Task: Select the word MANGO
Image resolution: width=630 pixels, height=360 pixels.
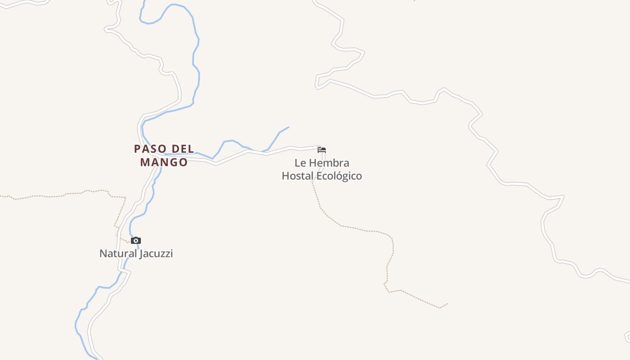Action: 164,162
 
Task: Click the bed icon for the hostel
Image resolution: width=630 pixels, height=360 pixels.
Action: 322,150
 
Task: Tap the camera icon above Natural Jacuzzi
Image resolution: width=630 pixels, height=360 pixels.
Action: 136,241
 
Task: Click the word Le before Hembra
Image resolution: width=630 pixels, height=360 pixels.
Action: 300,163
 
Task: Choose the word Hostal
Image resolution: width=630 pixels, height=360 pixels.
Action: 297,176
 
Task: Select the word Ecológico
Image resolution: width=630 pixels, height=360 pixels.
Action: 339,176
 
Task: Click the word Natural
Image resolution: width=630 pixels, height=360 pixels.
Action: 118,253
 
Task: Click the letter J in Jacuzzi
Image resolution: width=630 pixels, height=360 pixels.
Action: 142,253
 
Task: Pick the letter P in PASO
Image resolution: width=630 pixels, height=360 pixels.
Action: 138,148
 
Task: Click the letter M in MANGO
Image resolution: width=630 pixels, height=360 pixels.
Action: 145,162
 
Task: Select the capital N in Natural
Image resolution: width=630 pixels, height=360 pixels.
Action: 103,253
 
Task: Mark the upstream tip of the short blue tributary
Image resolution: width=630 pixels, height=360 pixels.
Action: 288,127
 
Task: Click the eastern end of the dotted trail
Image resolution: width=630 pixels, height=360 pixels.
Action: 447,304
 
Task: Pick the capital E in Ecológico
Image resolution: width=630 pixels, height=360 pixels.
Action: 319,176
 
